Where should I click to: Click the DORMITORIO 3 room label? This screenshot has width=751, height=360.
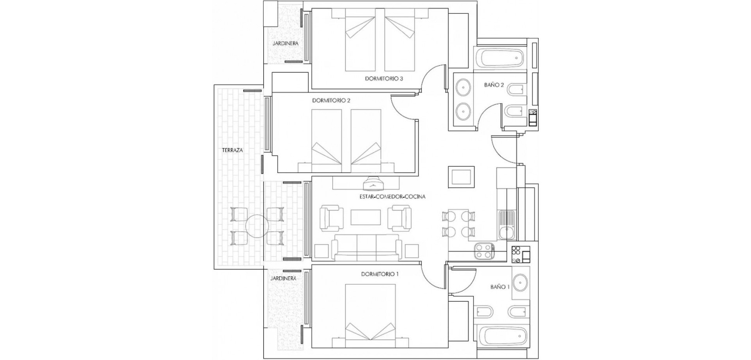tap(384, 79)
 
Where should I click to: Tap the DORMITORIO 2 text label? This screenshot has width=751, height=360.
tap(331, 101)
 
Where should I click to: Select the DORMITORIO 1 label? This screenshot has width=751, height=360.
tap(379, 274)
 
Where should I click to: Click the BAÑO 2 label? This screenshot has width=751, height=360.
tap(494, 85)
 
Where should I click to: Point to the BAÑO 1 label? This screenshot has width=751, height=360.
tap(499, 287)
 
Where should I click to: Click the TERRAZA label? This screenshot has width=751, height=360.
tap(232, 150)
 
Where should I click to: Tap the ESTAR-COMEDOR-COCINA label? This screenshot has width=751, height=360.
tap(392, 197)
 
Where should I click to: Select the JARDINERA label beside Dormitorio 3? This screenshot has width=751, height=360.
tap(285, 43)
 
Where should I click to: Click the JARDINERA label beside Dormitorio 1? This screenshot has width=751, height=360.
tap(283, 279)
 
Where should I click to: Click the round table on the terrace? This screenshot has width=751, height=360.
tap(256, 226)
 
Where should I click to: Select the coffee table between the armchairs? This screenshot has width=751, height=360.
tap(366, 218)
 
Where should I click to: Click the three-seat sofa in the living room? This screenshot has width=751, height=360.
tap(367, 248)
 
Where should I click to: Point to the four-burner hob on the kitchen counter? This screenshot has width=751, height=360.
tap(484, 251)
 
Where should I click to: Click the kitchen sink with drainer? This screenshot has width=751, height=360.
tap(507, 225)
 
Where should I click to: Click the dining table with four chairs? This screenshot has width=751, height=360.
tap(458, 223)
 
